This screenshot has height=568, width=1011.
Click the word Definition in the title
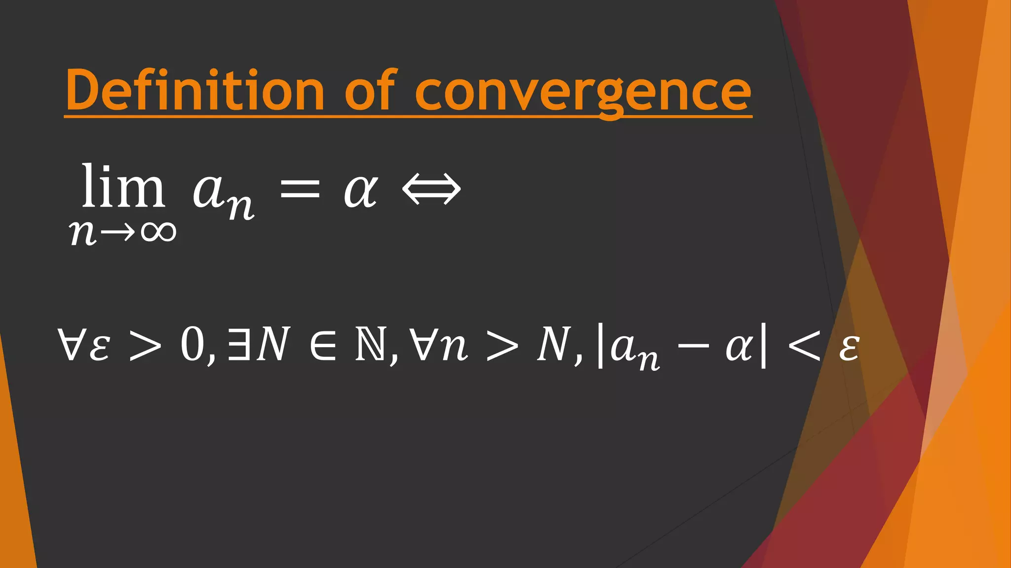click(x=194, y=91)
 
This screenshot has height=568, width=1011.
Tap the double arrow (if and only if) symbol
click(x=431, y=189)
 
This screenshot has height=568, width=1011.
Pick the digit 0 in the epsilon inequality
click(x=193, y=344)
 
